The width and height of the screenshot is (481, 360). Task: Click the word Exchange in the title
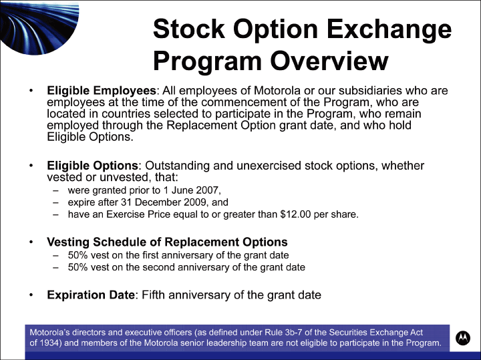pos(389,30)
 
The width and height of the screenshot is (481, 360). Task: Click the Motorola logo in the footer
pos(462,338)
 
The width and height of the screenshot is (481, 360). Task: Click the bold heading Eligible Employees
pos(102,90)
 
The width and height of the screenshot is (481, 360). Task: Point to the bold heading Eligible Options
pos(93,166)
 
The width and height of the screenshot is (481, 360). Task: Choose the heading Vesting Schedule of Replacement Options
pos(167,242)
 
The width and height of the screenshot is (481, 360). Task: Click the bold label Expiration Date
pos(91,295)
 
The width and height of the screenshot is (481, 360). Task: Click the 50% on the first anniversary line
pos(78,255)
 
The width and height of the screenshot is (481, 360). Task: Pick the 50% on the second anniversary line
pos(78,267)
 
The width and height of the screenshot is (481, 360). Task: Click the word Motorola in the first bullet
pos(277,90)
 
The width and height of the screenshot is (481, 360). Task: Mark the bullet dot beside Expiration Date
pos(31,295)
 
